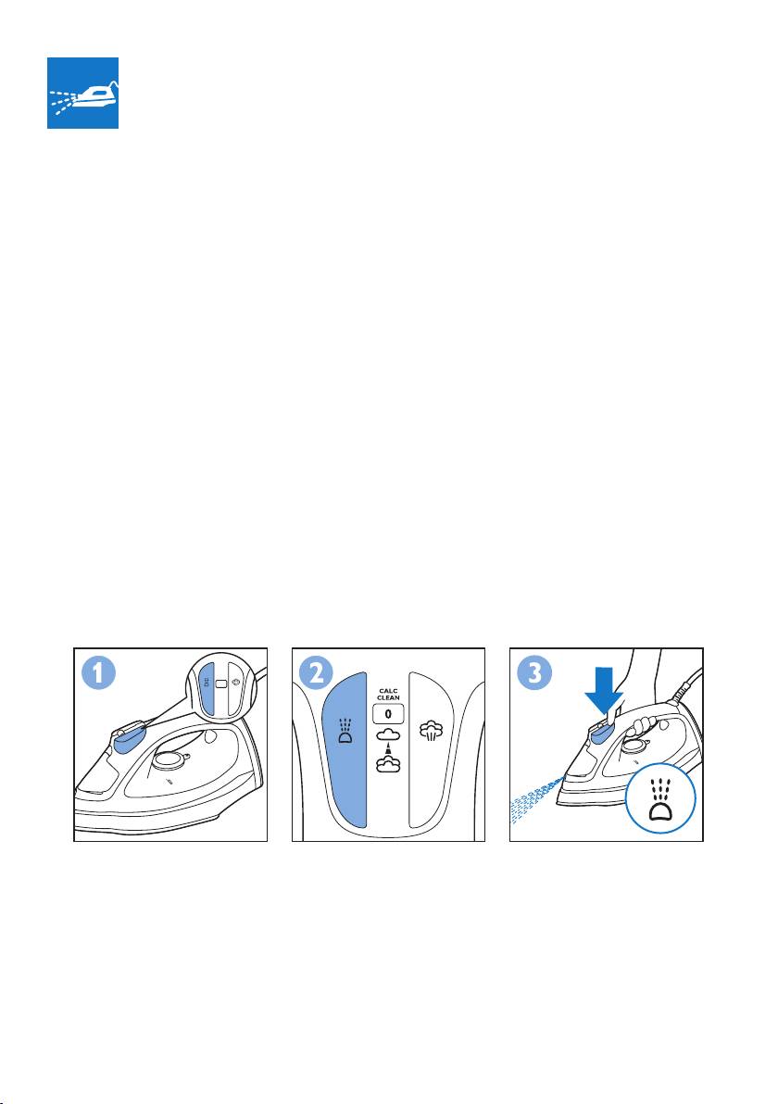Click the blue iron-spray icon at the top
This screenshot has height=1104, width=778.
(82, 93)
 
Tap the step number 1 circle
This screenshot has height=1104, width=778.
(98, 673)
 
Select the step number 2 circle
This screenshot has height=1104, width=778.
(316, 673)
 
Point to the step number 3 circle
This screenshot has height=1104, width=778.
(534, 673)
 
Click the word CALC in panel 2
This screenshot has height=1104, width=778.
(389, 692)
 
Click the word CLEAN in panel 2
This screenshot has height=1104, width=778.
(389, 697)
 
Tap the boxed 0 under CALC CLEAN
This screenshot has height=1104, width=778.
(388, 714)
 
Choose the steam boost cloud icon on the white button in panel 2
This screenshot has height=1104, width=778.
(431, 731)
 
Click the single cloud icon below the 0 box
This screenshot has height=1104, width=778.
(388, 735)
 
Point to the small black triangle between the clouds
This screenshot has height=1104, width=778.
(388, 749)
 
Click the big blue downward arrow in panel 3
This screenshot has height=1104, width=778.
(604, 693)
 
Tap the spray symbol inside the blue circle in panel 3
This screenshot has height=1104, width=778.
(660, 797)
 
